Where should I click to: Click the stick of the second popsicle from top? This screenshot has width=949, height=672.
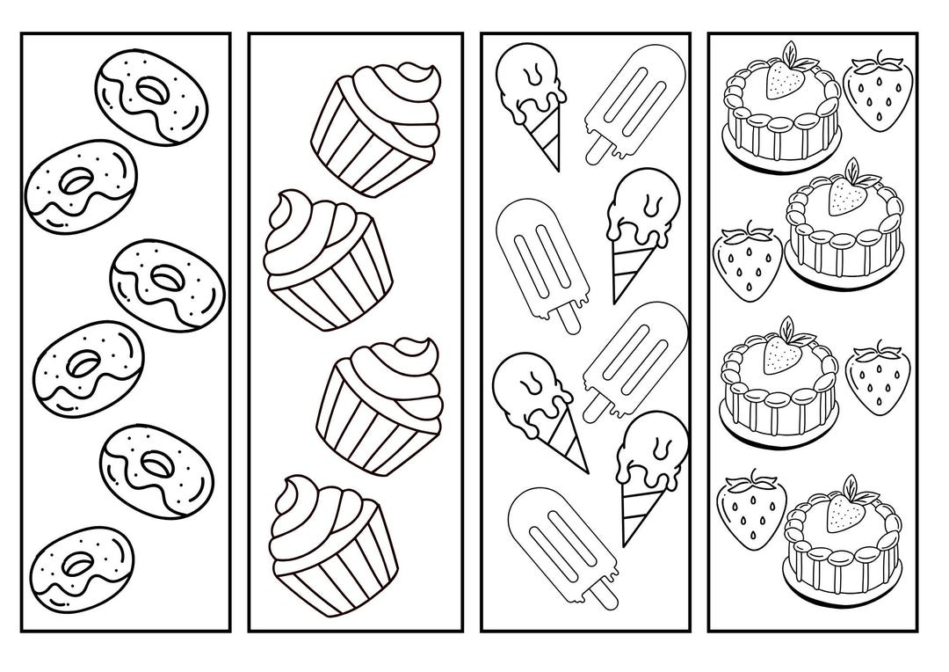click(x=567, y=316)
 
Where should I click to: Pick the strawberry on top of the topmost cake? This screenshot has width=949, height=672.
click(x=784, y=81)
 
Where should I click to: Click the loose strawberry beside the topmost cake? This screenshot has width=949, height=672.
click(x=877, y=96)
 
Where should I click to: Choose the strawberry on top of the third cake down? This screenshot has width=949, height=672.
click(x=782, y=353)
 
